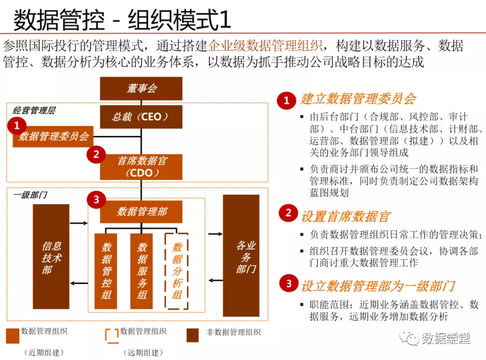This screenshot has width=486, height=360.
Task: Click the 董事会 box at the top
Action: pyautogui.click(x=141, y=88)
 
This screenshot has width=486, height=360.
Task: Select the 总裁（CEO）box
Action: pyautogui.click(x=141, y=117)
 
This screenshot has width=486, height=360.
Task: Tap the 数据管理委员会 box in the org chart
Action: pyautogui.click(x=53, y=136)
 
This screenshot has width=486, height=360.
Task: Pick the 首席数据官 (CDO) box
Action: pyautogui.click(x=141, y=166)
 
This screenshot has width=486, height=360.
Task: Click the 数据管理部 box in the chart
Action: pyautogui.click(x=141, y=211)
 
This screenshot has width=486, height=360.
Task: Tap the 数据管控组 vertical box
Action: pyautogui.click(x=106, y=271)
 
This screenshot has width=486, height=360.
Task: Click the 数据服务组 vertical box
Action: pyautogui.click(x=142, y=271)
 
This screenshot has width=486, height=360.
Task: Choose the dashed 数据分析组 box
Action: pyautogui.click(x=176, y=271)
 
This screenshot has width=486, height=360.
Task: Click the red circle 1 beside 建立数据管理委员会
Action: pyautogui.click(x=287, y=100)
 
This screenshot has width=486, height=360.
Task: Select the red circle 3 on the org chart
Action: pyautogui.click(x=96, y=199)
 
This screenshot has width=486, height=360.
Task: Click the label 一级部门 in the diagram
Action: pyautogui.click(x=30, y=195)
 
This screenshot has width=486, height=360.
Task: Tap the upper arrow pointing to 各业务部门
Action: pyautogui.click(x=216, y=234)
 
